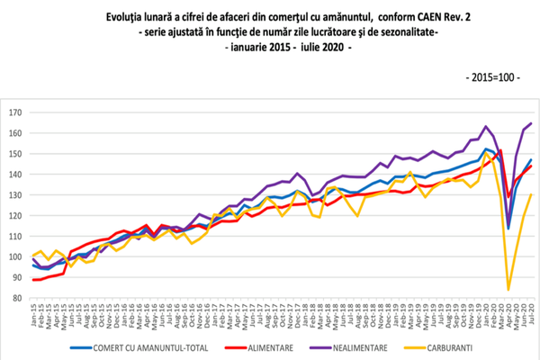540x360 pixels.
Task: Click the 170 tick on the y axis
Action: (x=14, y=113)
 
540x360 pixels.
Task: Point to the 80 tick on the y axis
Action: (x=16, y=299)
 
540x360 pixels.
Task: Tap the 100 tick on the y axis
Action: (x=14, y=257)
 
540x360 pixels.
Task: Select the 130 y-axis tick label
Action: (x=14, y=195)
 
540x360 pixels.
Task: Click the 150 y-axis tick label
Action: (x=14, y=155)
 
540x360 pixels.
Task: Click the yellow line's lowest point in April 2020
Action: (x=508, y=290)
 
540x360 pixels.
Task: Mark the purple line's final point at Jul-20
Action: (x=530, y=123)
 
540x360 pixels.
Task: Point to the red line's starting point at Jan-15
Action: (x=33, y=280)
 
